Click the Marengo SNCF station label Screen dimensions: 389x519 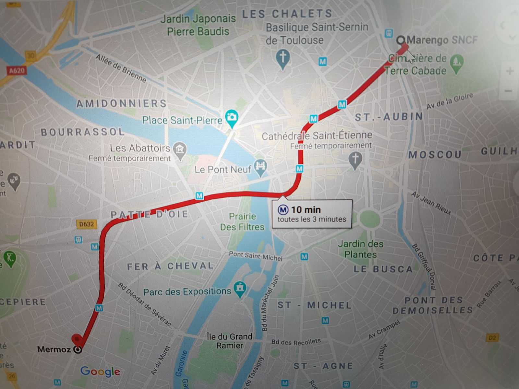coord(442,40)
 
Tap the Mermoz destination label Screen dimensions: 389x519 coord(54,349)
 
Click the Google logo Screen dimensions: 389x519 coord(100,371)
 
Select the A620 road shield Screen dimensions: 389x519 coord(17,70)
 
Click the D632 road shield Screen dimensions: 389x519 coord(86,224)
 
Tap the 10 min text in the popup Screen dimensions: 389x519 coord(306,210)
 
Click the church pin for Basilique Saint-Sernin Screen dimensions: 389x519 coord(283,58)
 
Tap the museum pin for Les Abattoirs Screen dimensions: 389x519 coord(179,149)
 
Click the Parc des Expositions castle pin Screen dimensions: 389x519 coord(240,288)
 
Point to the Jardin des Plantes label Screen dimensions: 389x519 coord(360,249)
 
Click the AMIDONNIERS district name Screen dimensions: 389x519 coord(121,104)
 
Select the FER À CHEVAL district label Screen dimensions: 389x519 coord(170,266)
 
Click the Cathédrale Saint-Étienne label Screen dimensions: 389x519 coord(317,136)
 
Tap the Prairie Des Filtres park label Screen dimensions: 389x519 coord(242,221)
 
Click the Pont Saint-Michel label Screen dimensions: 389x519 coord(256,256)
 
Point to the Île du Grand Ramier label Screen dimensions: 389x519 coord(229,341)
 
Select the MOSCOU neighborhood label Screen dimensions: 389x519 coord(435,155)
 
